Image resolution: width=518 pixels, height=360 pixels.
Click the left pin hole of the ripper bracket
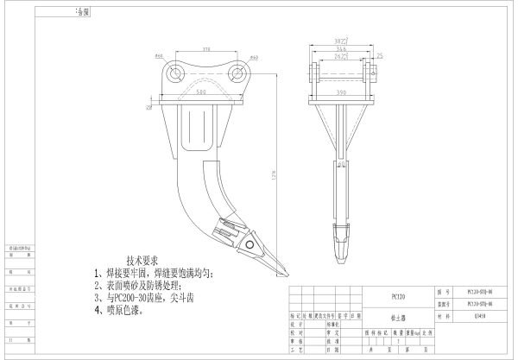(x=177, y=74)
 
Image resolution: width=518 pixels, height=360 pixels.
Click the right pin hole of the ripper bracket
(x=236, y=74)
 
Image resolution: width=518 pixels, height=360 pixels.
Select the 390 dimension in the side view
(x=341, y=90)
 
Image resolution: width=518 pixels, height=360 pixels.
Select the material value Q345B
(x=480, y=317)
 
